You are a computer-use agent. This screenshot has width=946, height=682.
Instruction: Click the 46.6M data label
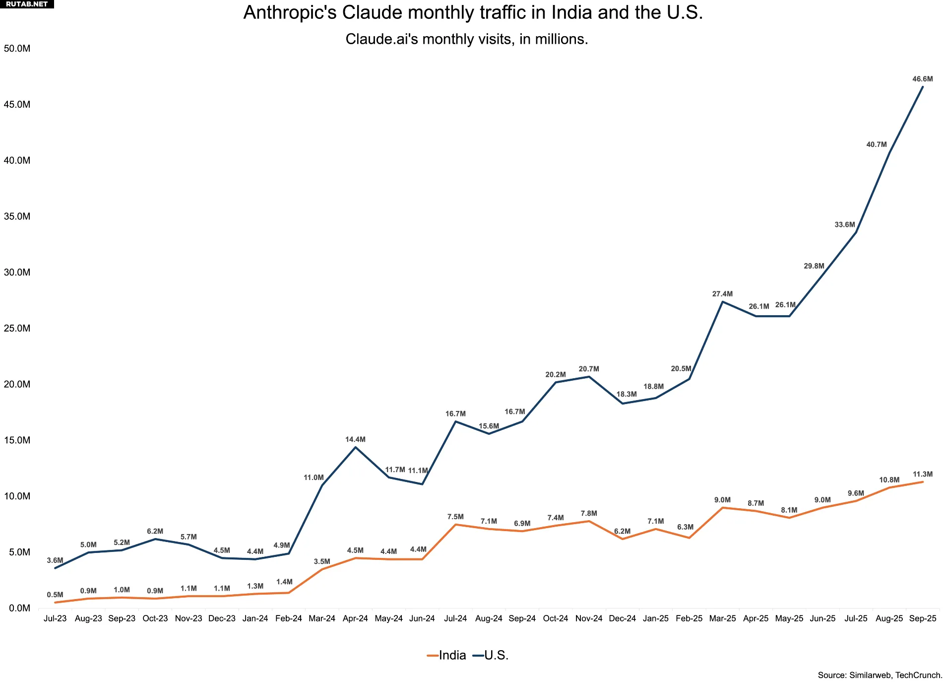pyautogui.click(x=922, y=79)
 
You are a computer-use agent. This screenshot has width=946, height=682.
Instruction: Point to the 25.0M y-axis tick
pyautogui.click(x=17, y=328)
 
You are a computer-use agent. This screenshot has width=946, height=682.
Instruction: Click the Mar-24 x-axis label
pyautogui.click(x=322, y=618)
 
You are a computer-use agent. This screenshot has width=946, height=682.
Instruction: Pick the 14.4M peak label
pyautogui.click(x=355, y=439)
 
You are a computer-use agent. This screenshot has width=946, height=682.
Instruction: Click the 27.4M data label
pyautogui.click(x=722, y=294)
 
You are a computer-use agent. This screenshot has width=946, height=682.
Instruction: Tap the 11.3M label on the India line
pyautogui.click(x=922, y=474)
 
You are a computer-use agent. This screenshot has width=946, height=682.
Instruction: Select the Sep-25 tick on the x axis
pyautogui.click(x=922, y=618)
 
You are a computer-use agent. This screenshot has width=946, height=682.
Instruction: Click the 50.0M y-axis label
pyautogui.click(x=17, y=49)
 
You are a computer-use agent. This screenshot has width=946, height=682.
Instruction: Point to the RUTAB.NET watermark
pyautogui.click(x=27, y=4)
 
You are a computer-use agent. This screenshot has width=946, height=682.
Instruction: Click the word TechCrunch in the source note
pyautogui.click(x=918, y=675)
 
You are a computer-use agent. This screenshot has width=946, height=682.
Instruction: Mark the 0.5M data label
pyautogui.click(x=55, y=595)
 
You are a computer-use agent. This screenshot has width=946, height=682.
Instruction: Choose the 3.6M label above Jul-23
pyautogui.click(x=55, y=560)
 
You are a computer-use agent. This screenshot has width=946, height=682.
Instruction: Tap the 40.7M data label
pyautogui.click(x=876, y=144)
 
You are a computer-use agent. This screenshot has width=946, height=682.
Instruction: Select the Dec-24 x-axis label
pyautogui.click(x=622, y=618)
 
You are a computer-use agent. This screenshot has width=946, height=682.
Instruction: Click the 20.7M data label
pyautogui.click(x=589, y=369)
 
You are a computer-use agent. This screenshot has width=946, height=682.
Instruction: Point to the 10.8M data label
pyautogui.click(x=889, y=480)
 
